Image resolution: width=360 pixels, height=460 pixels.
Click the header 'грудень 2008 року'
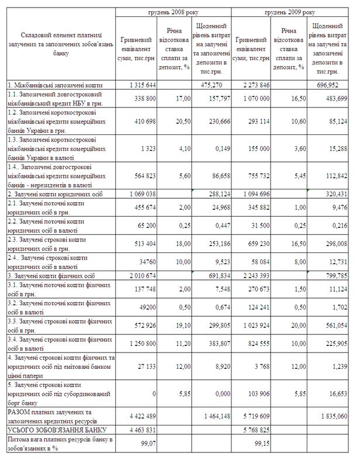173,12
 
